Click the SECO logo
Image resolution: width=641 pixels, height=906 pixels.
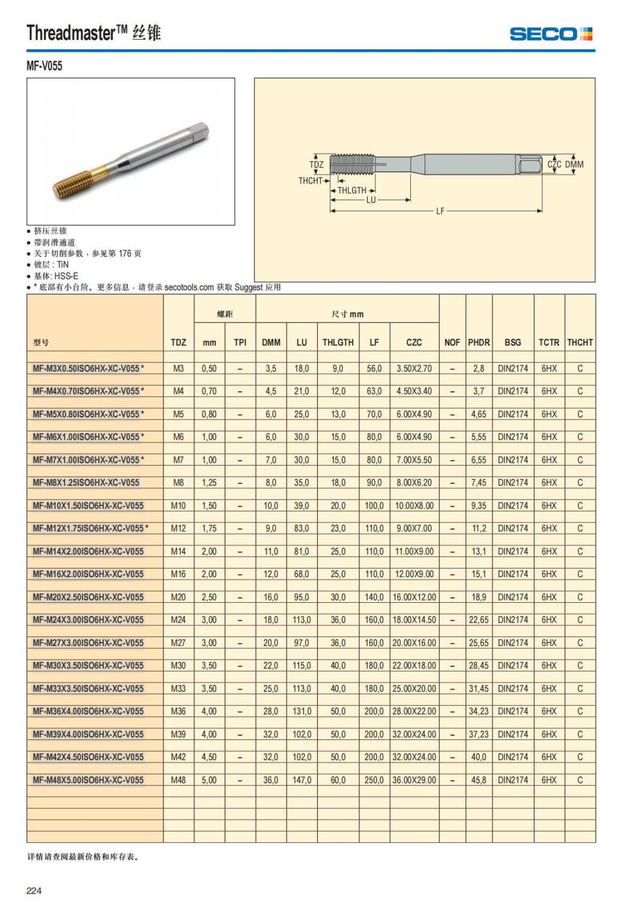pos(551,34)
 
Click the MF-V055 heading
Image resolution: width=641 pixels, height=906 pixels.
pos(44,66)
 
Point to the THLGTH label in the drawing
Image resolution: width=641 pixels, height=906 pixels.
pos(352,190)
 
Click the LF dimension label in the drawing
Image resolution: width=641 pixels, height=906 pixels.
pos(440,211)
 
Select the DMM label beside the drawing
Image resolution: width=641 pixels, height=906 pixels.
pos(574,164)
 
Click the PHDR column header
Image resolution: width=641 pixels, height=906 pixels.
pos(479,342)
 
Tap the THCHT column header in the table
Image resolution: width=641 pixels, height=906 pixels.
pos(580,342)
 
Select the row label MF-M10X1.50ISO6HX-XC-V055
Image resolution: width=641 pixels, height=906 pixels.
pos(88,506)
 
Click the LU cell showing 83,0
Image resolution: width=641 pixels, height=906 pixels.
pos(302,529)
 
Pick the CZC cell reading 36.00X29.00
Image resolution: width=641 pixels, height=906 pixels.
pos(414,780)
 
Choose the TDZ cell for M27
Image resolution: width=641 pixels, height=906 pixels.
pos(178,643)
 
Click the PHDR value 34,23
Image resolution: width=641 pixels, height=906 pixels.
pos(479,711)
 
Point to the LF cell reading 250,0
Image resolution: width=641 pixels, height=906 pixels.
pos(374,780)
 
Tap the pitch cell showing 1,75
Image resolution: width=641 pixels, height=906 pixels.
pos(209,529)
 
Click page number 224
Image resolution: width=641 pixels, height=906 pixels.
pos(34,891)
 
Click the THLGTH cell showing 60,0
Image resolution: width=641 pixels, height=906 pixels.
pos(338,780)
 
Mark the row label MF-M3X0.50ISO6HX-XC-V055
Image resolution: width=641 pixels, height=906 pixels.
pos(86,368)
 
